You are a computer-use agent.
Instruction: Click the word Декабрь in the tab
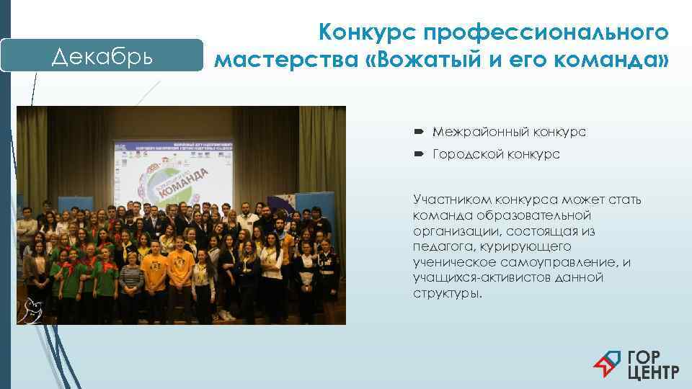point(102,56)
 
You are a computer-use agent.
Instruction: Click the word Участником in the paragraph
point(448,200)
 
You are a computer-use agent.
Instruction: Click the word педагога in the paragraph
point(440,247)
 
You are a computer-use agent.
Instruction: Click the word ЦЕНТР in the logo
point(653,372)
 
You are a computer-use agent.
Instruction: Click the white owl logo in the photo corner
point(32,309)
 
